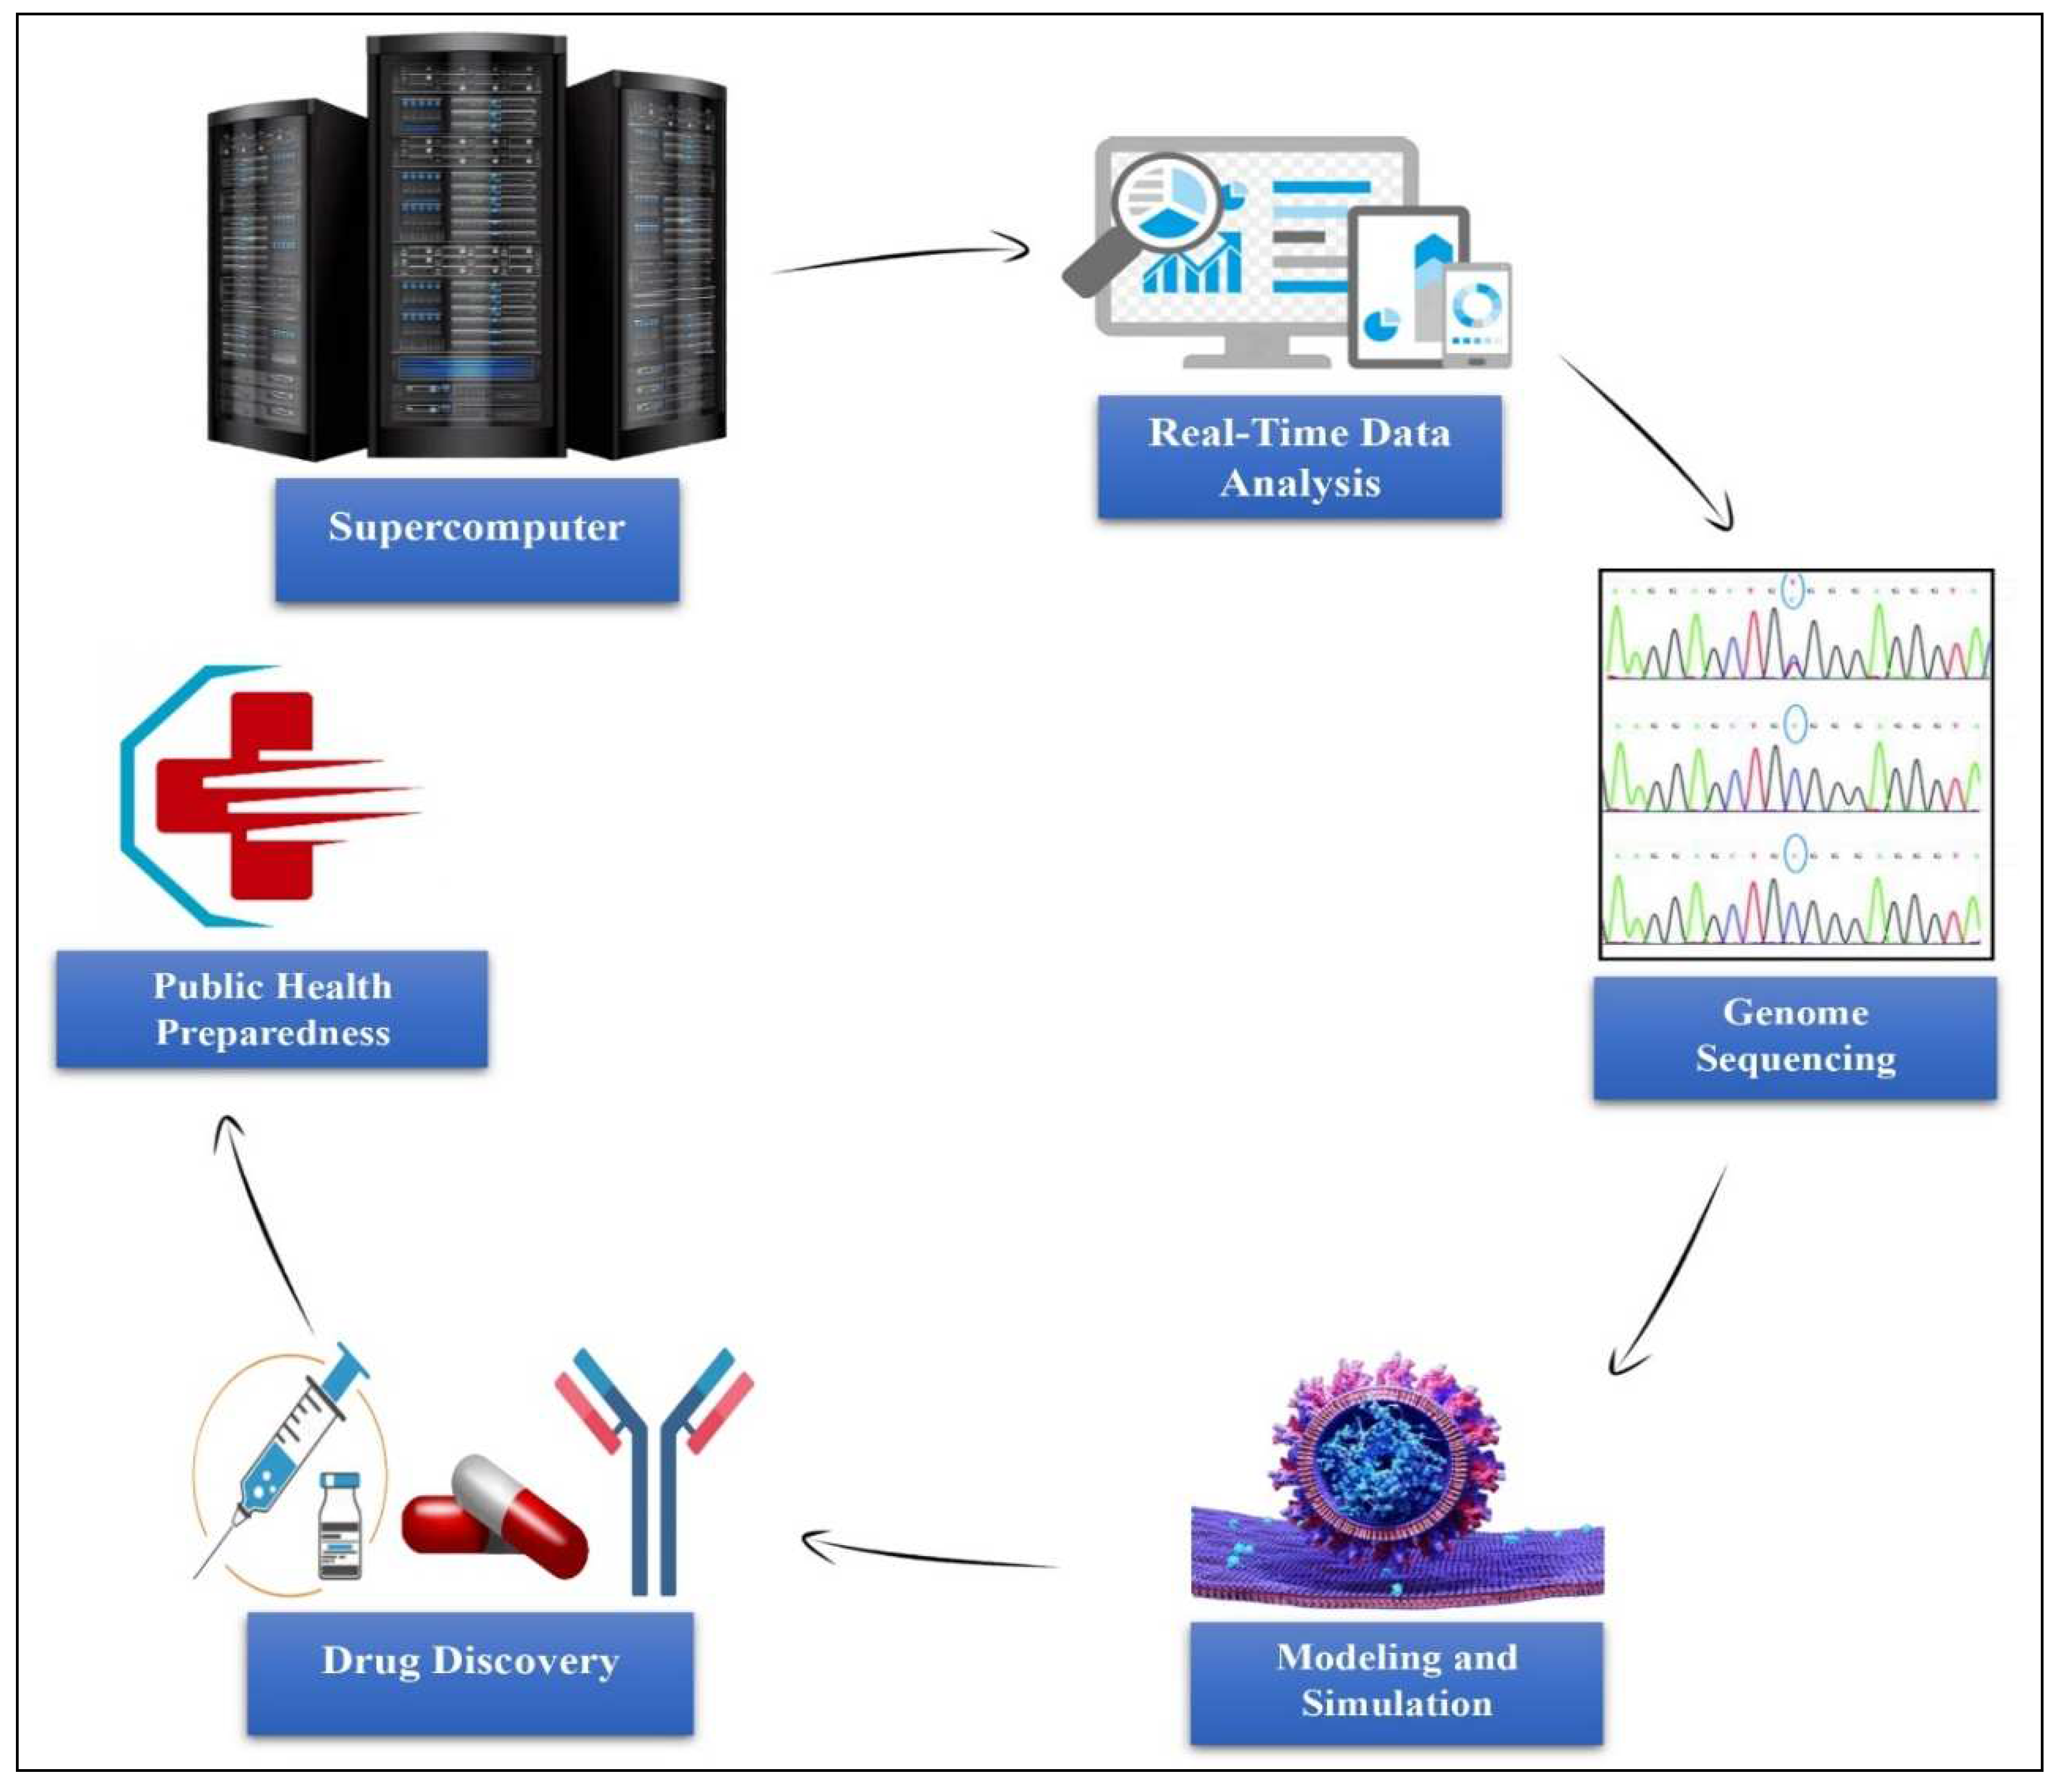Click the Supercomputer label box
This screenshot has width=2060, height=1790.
[478, 539]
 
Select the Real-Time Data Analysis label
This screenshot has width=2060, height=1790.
[1299, 456]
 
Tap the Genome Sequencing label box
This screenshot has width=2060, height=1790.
[1794, 1037]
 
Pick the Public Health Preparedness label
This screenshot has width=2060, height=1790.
[272, 1009]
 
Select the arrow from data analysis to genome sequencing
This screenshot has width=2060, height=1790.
[1648, 439]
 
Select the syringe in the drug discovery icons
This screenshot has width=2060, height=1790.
[290, 1448]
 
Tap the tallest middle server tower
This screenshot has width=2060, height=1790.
[467, 245]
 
